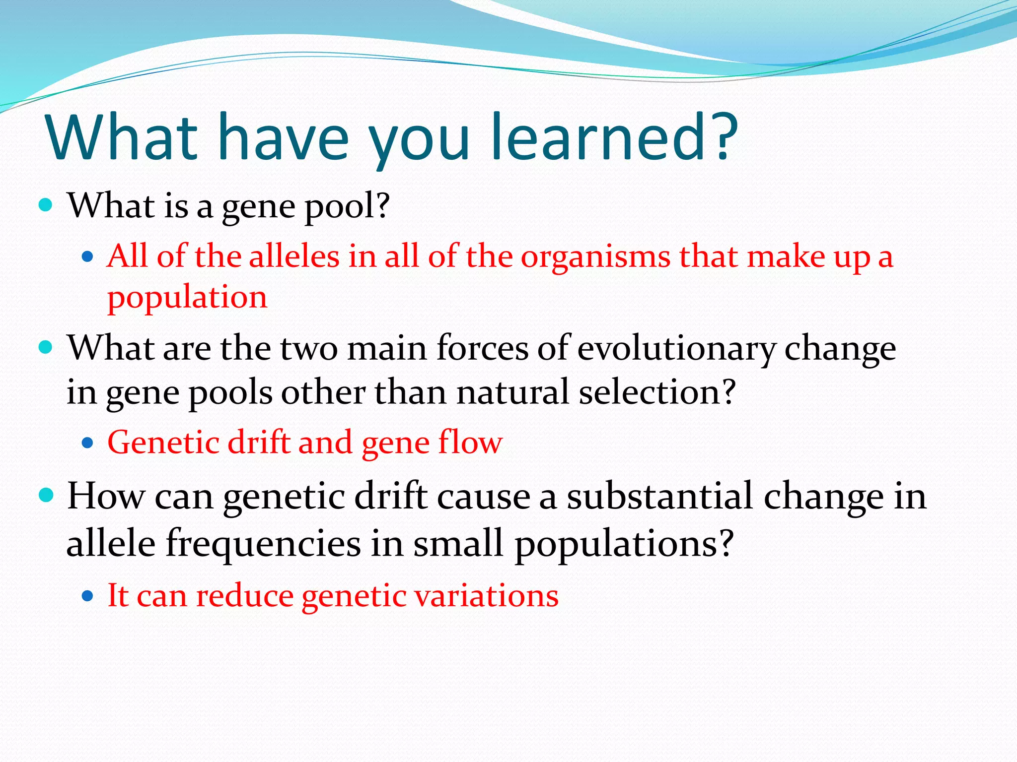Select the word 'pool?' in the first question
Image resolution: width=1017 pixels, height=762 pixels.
click(347, 207)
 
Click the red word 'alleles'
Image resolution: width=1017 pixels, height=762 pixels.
click(294, 257)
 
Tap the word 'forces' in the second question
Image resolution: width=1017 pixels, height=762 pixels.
click(482, 348)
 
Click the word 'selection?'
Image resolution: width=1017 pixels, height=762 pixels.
click(657, 392)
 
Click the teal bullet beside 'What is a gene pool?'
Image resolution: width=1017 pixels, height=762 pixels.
click(46, 205)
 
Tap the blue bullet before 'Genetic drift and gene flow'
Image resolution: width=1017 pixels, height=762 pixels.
click(88, 443)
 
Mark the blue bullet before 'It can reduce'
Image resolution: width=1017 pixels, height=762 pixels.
click(88, 595)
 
